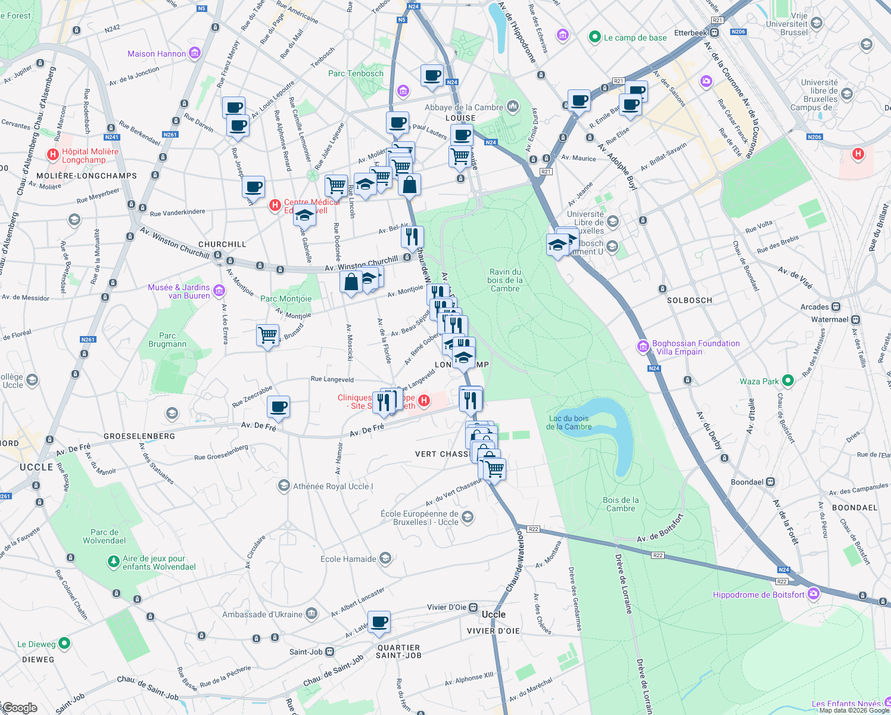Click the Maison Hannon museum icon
[195, 54]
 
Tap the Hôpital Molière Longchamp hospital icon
[53, 155]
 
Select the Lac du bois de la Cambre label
[569, 422]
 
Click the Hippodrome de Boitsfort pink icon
[814, 594]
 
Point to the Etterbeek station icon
[714, 33]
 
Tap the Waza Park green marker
[788, 380]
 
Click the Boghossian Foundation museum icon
[643, 346]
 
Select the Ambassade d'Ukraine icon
[311, 614]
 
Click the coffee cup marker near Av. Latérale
[379, 623]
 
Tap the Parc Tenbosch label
[356, 73]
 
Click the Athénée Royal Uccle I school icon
[284, 486]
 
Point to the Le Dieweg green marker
[65, 643]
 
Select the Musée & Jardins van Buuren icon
[219, 291]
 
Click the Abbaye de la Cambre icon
[513, 107]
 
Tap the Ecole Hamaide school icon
[385, 558]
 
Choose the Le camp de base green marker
[594, 37]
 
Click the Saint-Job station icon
[330, 652]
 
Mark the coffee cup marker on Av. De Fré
[278, 408]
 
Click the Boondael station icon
[771, 481]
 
